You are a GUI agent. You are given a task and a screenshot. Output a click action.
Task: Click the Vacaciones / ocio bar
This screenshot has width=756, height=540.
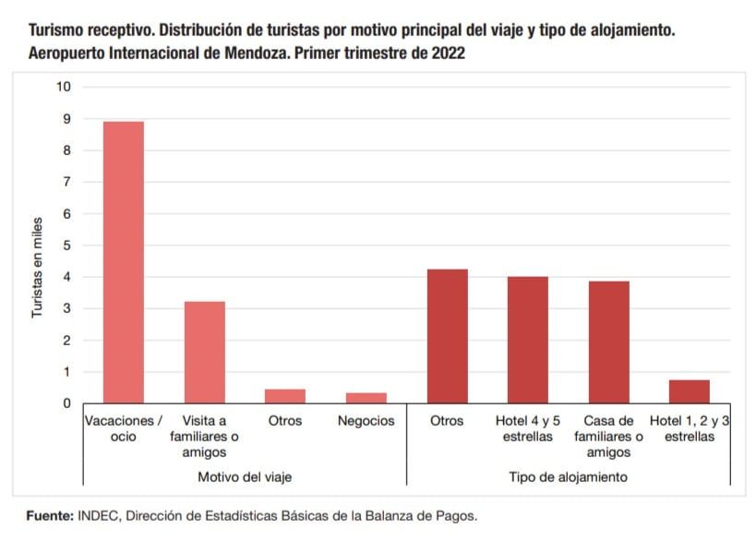pos(124,262)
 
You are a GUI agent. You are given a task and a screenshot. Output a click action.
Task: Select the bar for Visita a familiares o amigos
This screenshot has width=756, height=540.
pos(204,352)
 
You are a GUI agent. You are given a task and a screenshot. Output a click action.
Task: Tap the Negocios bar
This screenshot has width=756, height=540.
pos(366,398)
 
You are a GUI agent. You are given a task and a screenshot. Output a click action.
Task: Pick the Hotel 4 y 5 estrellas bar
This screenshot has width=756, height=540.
pos(528,340)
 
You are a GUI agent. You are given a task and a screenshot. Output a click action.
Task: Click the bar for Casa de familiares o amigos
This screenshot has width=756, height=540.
pos(609,342)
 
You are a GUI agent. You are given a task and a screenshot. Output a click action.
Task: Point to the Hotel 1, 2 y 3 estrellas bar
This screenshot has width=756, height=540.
pos(690,391)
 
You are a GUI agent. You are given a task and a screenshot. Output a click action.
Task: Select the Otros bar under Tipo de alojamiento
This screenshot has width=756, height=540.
pos(447,336)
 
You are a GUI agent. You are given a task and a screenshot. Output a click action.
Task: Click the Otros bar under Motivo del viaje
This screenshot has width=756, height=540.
pos(285,396)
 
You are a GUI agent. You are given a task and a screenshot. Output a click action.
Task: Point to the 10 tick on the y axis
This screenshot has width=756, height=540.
pos(64,87)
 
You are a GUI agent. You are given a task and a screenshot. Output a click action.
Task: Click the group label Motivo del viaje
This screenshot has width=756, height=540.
pos(245,477)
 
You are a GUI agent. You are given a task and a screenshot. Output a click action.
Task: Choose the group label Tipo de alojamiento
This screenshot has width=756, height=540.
pos(569,477)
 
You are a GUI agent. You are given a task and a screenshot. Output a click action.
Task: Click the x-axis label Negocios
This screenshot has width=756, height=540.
pos(366,421)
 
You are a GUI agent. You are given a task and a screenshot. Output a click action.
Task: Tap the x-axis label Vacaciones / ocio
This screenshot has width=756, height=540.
pos(124,428)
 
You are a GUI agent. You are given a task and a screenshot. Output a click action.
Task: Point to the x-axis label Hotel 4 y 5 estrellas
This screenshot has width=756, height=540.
pos(528,428)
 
